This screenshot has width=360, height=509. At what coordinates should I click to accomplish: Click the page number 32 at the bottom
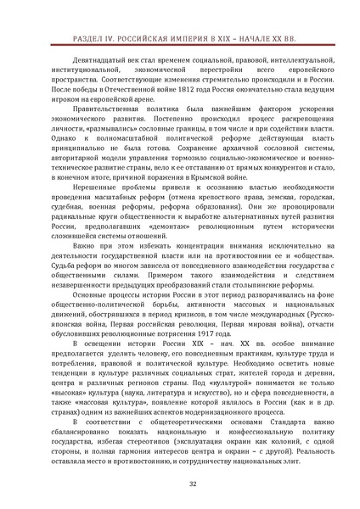(x=180, y=484)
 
